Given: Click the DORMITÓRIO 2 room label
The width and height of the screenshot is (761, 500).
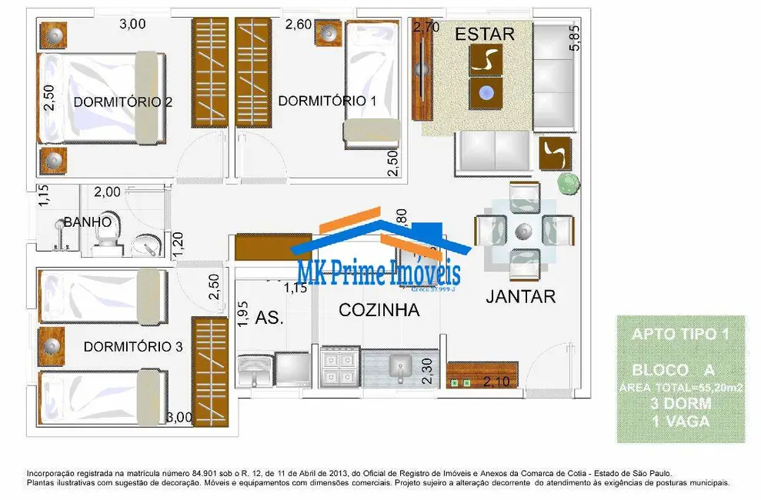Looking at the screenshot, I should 122,102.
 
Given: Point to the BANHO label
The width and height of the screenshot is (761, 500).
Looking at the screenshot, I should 88,222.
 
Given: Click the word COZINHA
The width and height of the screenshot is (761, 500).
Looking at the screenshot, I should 379,310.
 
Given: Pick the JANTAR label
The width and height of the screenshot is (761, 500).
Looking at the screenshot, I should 520,296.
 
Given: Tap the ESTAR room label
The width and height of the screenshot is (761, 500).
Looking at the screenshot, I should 484,34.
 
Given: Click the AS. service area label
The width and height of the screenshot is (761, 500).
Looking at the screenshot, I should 269,318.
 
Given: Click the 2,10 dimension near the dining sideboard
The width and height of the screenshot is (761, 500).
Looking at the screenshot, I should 499,382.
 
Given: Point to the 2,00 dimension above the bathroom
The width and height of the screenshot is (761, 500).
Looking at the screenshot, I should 107,192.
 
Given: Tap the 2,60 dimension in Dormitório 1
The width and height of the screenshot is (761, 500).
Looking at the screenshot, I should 299,25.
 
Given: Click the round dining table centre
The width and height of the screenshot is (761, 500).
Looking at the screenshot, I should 523,229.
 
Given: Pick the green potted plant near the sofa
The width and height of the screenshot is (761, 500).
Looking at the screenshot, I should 567,182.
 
